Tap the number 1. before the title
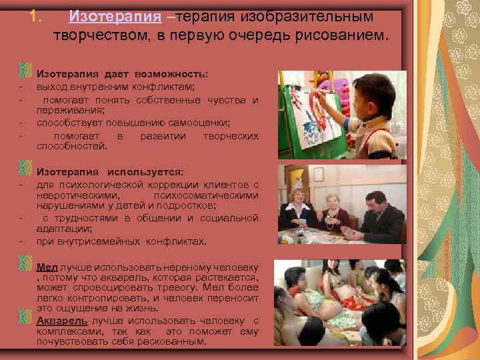[x=37, y=15]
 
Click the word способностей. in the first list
[x=71, y=145]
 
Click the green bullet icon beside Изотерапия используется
[x=25, y=165]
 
